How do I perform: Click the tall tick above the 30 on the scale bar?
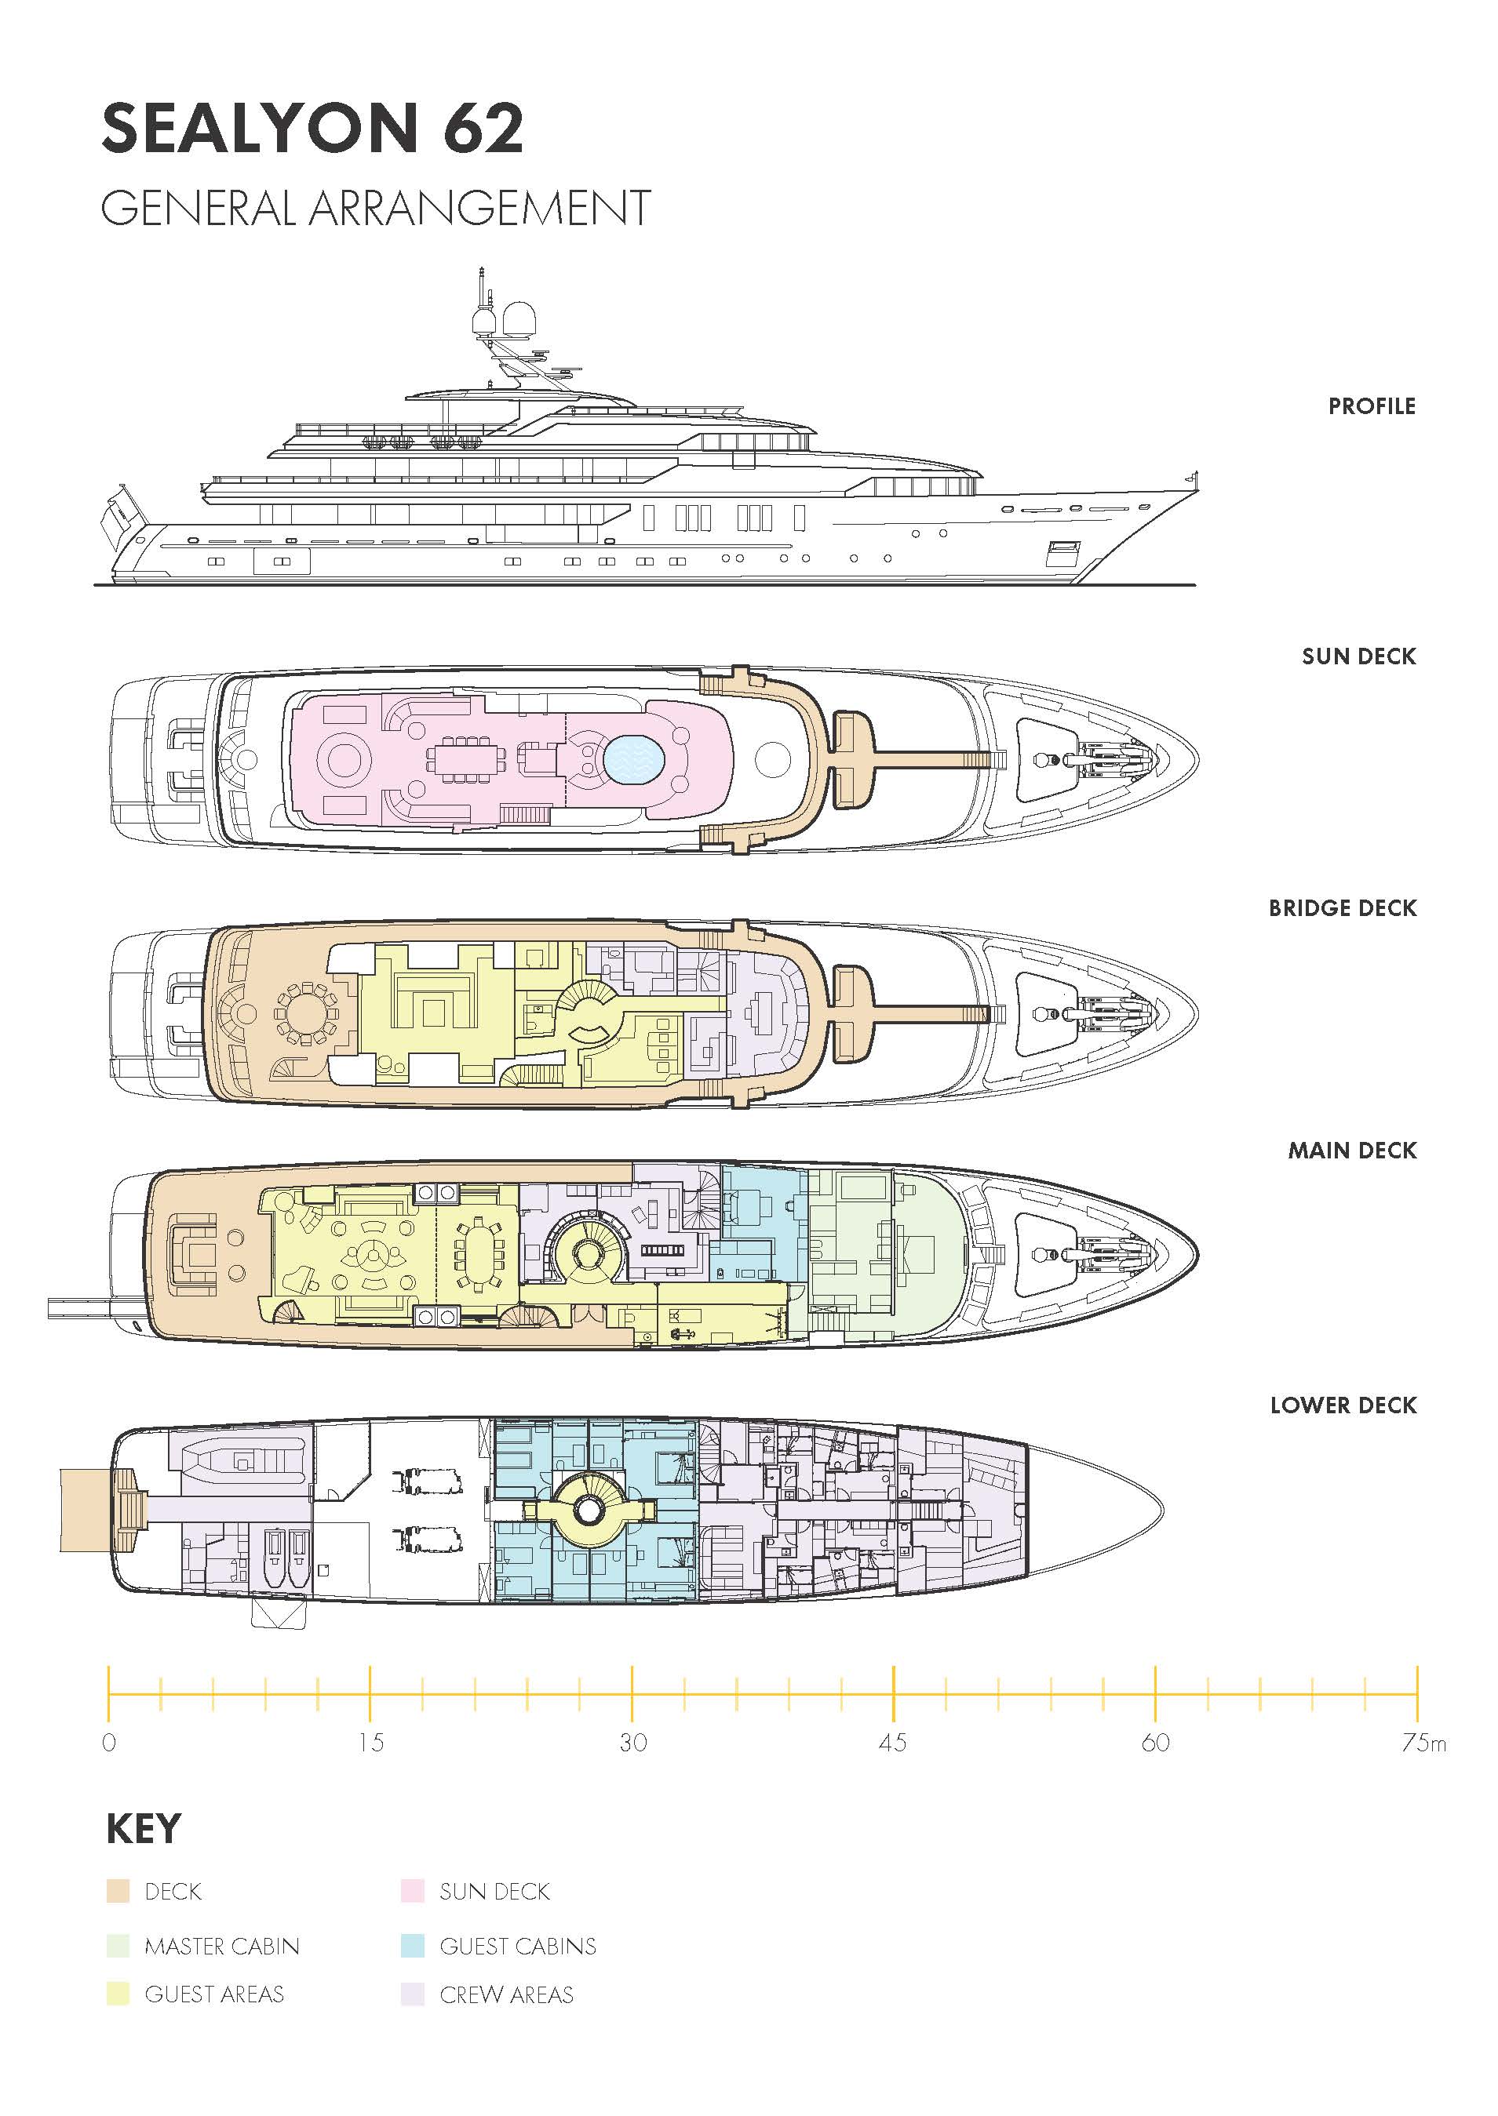click(x=632, y=1694)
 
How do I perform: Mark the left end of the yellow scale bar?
click(x=109, y=1694)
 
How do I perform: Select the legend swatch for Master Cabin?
click(x=118, y=1946)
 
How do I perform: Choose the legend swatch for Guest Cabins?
click(x=412, y=1946)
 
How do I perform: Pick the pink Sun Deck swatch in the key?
click(x=412, y=1891)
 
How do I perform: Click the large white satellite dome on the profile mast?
click(x=520, y=319)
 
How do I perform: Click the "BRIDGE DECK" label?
click(x=1342, y=908)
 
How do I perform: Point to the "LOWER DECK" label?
click(x=1343, y=1405)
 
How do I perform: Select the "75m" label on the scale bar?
click(x=1424, y=1743)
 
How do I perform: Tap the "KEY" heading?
click(x=143, y=1828)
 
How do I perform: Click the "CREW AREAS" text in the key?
click(x=506, y=1994)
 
